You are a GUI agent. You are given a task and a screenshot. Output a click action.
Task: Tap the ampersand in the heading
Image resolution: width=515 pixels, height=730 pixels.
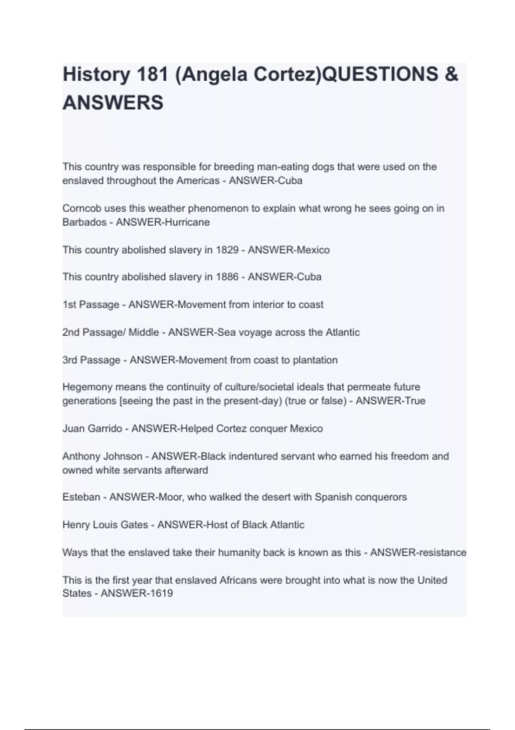point(451,75)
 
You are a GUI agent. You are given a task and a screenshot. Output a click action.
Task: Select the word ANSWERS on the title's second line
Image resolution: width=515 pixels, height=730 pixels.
point(113,103)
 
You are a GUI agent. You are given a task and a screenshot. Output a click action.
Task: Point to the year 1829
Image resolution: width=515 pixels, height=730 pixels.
point(227,250)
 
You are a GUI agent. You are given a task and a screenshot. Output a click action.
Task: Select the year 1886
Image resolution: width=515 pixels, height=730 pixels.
point(227,277)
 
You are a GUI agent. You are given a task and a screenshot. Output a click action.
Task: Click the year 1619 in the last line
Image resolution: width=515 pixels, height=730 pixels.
point(160,593)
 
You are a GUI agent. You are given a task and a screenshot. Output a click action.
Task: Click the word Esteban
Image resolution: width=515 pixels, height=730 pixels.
point(81,497)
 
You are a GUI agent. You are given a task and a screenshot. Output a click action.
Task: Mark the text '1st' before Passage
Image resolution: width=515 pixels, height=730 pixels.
point(69,305)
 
